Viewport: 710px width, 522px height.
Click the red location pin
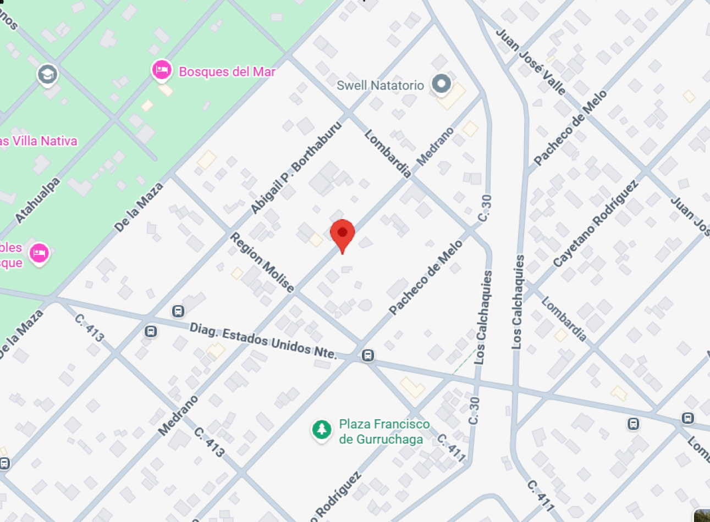click(x=342, y=234)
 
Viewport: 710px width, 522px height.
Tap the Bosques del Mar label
click(x=227, y=71)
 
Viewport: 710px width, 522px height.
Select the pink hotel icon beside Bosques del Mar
click(x=161, y=70)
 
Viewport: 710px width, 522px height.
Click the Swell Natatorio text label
click(x=380, y=85)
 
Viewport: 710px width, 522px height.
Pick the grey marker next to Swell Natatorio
click(x=441, y=84)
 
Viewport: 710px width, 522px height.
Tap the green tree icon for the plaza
click(x=321, y=430)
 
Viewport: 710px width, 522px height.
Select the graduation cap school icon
click(x=47, y=74)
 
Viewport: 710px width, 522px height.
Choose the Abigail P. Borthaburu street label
click(x=295, y=168)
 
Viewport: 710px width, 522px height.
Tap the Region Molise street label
click(x=262, y=262)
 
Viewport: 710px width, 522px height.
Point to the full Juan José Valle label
click(x=531, y=61)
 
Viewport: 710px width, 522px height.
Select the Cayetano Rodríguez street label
click(x=595, y=223)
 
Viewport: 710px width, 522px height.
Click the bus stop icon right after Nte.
click(x=368, y=356)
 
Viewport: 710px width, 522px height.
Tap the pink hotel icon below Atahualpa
click(x=38, y=253)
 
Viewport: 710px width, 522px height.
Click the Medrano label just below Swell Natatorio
click(x=435, y=147)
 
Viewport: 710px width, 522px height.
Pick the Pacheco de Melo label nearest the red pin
click(x=426, y=278)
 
